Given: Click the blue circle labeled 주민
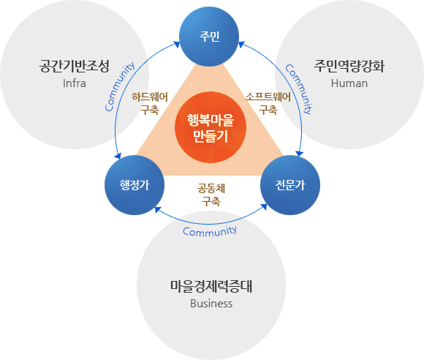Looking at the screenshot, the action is (x=209, y=37).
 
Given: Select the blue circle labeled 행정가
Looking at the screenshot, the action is (x=135, y=185).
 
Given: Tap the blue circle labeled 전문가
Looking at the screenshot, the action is (x=290, y=185).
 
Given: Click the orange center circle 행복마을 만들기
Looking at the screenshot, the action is (x=211, y=127).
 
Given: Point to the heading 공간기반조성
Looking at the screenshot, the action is (x=75, y=66).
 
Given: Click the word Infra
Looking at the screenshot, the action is (x=75, y=83).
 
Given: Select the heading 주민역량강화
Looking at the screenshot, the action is (x=349, y=66).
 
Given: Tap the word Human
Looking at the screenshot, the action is (x=349, y=83).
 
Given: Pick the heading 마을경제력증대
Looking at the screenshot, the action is (x=211, y=286).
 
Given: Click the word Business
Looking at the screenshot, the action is (x=211, y=304).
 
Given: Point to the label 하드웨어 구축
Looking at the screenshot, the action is (x=150, y=103).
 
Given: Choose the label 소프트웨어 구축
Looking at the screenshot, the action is (x=268, y=103).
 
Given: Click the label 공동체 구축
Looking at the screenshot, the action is (x=211, y=195).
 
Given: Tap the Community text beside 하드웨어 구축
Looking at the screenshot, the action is (x=119, y=86).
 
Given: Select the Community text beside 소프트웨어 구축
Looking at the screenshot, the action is (x=299, y=89).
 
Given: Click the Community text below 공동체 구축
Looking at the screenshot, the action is (x=210, y=231).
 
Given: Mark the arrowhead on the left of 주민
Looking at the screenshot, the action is (x=177, y=45).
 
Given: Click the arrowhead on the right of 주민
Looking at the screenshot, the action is (x=241, y=45).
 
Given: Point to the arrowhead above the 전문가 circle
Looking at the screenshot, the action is (x=299, y=153).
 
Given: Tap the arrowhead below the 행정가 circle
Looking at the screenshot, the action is (x=158, y=210).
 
